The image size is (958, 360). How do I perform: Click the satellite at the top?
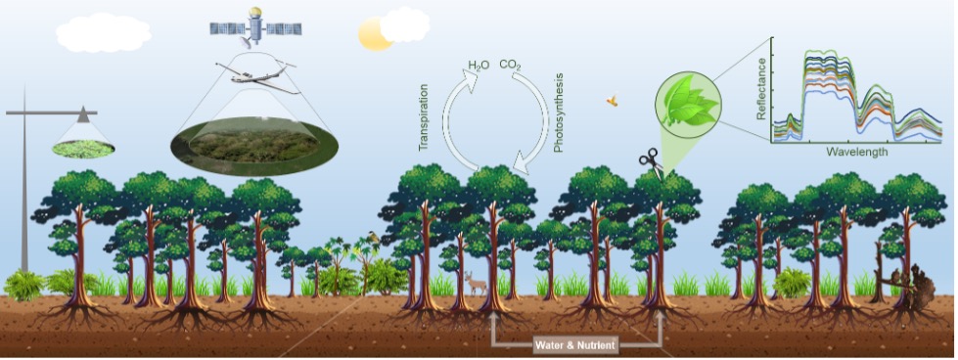[254, 26]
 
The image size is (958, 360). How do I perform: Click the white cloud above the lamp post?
[103, 32]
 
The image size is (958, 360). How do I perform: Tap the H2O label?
[479, 66]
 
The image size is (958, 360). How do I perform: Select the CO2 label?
[510, 66]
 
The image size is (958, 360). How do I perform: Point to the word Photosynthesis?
[559, 118]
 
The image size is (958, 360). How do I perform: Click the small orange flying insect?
[613, 100]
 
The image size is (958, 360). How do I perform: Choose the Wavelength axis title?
[856, 153]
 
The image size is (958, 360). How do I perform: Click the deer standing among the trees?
[477, 283]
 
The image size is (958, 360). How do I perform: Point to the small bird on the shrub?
[373, 235]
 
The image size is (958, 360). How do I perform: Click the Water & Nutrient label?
[576, 344]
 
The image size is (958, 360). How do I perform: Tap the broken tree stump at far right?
[916, 283]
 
